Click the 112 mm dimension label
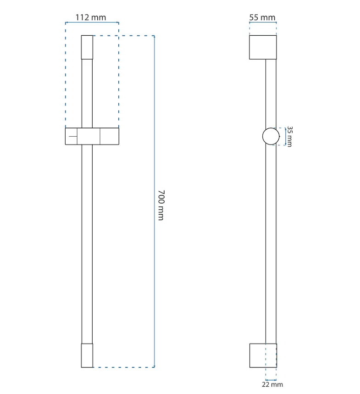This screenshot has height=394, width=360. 91,17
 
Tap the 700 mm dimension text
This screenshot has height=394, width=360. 161,205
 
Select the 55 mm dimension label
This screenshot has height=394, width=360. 262,17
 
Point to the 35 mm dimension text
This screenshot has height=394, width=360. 290,136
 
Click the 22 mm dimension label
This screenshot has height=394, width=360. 272,384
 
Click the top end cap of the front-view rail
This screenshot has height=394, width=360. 87,47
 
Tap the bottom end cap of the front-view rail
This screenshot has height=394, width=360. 87,355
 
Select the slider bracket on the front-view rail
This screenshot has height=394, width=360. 92,136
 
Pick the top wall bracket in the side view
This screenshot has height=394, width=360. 263,47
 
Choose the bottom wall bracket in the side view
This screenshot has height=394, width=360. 263,355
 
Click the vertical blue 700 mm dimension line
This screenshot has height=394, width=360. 154,201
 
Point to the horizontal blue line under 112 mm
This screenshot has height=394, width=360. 92,22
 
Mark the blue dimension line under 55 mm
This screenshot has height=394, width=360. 263,22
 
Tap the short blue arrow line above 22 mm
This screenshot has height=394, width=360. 271,380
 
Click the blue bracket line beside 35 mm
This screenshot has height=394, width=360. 285,136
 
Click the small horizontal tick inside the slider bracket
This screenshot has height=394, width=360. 73,136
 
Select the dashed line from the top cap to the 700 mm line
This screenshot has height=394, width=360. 124,36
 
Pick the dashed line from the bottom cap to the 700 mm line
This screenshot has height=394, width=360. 124,367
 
